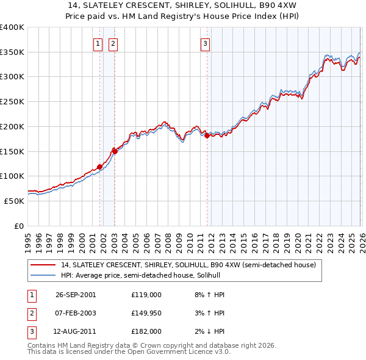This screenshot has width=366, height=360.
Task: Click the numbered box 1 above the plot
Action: tap(98, 43)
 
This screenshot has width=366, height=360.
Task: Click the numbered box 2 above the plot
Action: tap(113, 43)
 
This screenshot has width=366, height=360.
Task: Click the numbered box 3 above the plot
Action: tap(205, 43)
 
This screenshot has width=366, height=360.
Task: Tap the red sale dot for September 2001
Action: tap(100, 167)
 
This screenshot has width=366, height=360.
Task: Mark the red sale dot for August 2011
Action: tap(207, 135)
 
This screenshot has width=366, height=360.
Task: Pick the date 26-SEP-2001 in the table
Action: tap(76, 294)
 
